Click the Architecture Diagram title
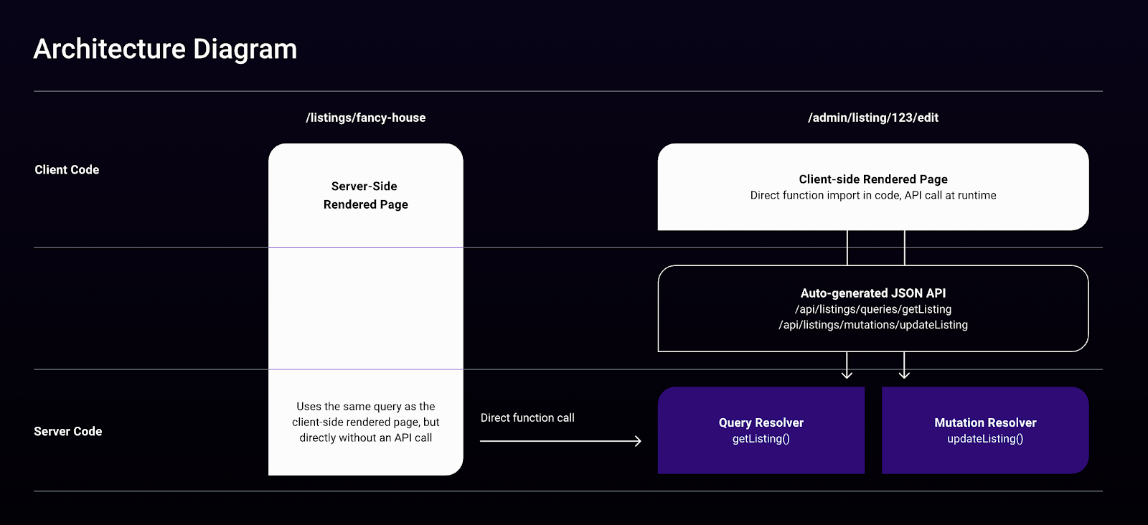[165, 49]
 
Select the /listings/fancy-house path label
[365, 118]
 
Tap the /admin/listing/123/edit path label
[872, 118]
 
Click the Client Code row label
[67, 170]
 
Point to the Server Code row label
[67, 431]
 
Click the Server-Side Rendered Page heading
[365, 195]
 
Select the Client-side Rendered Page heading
[872, 179]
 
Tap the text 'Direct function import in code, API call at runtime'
[872, 195]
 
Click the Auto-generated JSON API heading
[872, 293]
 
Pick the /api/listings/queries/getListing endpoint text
[872, 309]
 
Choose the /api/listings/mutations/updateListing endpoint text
[872, 325]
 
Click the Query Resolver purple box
[761, 430]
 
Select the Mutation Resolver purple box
[985, 430]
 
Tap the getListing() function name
[761, 439]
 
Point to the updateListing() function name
[985, 439]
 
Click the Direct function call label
[527, 418]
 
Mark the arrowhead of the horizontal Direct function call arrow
[639, 440]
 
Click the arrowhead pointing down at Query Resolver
[847, 375]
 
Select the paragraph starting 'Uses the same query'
[365, 422]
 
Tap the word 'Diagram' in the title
[245, 49]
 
